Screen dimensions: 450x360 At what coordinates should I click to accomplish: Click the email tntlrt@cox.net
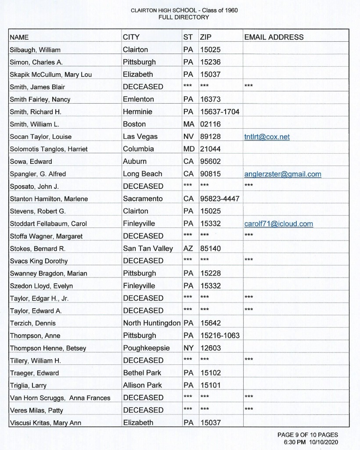tap(266, 137)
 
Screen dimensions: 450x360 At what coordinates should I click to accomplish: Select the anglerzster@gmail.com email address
tap(282, 174)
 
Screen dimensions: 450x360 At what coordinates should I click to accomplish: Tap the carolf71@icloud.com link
tap(278, 224)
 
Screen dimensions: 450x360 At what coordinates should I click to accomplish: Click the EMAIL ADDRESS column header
tap(274, 37)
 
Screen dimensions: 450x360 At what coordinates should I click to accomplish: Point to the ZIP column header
tap(205, 37)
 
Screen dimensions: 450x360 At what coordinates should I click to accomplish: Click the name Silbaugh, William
tap(35, 50)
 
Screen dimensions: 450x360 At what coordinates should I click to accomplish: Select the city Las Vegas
tap(140, 137)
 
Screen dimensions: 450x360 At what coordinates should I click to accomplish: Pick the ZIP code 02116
tap(210, 124)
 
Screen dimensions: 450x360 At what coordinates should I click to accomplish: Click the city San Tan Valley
tap(148, 248)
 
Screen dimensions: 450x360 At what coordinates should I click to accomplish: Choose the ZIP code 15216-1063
tap(220, 335)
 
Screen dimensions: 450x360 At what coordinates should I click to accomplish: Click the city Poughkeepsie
tap(146, 348)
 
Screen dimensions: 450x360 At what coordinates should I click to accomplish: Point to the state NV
tap(189, 137)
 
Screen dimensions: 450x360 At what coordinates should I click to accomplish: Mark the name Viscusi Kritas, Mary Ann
tap(45, 423)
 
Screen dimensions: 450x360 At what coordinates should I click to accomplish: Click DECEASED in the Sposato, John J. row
tap(143, 186)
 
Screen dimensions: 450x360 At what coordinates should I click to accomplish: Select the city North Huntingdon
tap(151, 323)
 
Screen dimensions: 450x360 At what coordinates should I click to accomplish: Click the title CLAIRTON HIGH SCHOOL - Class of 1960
tap(184, 10)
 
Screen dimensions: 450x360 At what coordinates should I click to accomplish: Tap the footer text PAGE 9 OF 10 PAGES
tap(307, 435)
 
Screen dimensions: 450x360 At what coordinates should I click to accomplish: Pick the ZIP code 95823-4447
tap(220, 199)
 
